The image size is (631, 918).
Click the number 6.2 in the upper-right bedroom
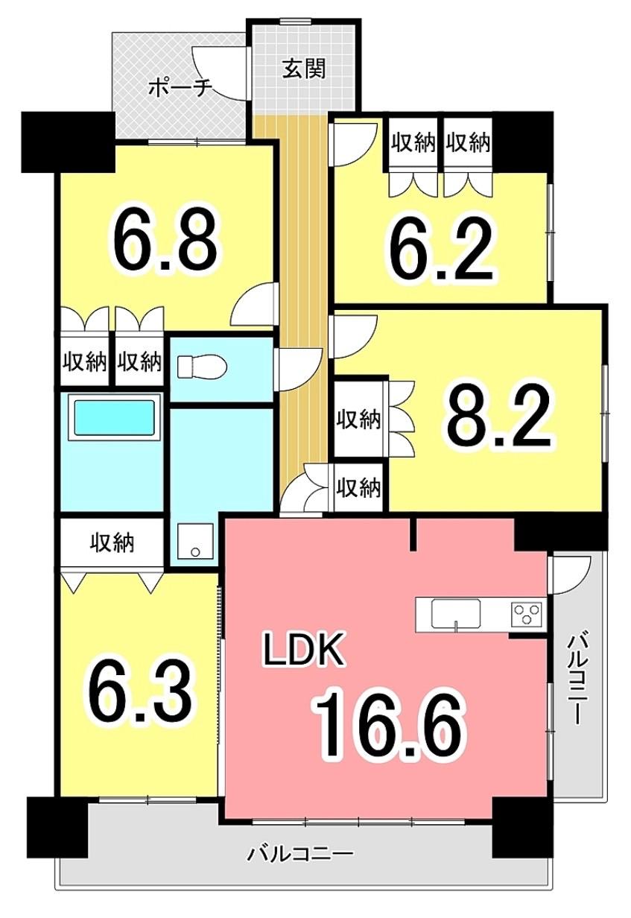point(440,248)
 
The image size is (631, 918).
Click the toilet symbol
point(202,367)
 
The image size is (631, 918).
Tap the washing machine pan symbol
point(195,542)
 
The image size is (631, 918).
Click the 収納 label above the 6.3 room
point(112,543)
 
